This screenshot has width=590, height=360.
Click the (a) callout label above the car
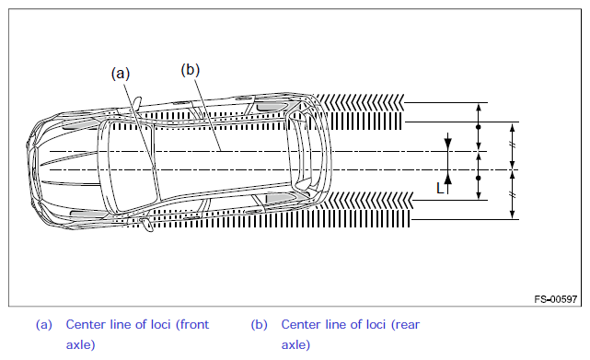coord(121,74)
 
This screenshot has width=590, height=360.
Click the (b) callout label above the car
coord(190,70)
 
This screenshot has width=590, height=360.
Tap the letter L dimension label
coord(440,188)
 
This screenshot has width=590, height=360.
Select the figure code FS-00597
coord(555,299)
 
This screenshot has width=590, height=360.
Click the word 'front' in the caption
coord(192,324)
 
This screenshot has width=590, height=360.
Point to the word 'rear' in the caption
coord(405,324)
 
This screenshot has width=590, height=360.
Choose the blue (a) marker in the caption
coord(43,325)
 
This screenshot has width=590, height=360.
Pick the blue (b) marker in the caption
coord(260,325)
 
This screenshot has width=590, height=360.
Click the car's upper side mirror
coord(136,103)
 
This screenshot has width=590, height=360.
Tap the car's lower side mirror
coord(146,225)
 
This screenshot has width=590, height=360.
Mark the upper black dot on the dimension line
coord(479,127)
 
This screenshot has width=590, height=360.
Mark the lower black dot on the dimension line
coord(479,178)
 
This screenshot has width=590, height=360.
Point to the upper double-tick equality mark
coord(512,145)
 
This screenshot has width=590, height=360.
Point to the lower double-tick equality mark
coord(512,194)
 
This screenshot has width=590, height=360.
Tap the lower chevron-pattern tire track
coord(367,200)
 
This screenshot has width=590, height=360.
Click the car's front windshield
coord(130,166)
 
